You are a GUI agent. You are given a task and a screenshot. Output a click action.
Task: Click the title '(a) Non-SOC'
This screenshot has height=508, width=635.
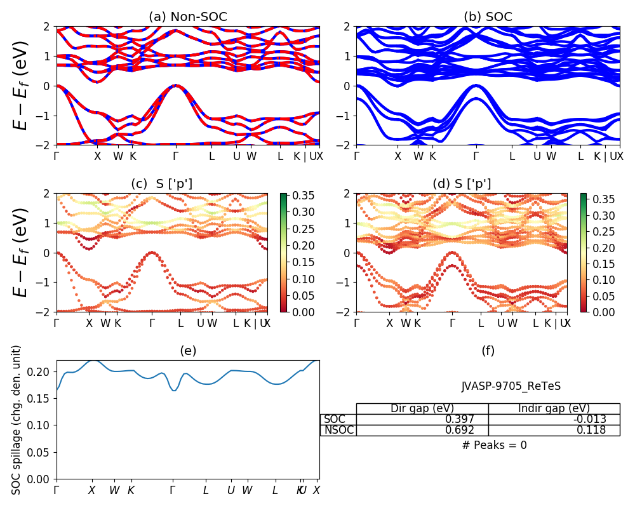tap(187, 17)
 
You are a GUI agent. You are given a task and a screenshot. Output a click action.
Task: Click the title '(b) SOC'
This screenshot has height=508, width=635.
tap(488, 17)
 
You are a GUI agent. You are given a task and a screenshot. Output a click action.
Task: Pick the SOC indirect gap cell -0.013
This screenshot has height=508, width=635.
tap(587, 419)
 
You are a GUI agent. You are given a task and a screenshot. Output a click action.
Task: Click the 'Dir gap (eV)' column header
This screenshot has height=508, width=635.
tap(422, 408)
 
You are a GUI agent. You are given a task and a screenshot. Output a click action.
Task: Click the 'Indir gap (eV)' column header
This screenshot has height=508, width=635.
tap(554, 408)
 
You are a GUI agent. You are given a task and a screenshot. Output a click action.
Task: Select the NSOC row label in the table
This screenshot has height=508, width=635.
tap(338, 430)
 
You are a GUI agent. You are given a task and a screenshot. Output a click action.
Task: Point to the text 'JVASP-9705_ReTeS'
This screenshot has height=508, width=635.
tap(511, 386)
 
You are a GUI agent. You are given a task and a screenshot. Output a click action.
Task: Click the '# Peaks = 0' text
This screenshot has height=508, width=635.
tap(495, 445)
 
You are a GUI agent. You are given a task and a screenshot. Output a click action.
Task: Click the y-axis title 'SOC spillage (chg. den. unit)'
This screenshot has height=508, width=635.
tap(17, 420)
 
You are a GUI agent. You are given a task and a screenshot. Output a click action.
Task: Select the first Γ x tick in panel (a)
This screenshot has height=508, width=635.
tap(57, 156)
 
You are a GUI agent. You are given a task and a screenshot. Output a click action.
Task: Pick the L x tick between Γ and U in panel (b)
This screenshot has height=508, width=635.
tap(512, 156)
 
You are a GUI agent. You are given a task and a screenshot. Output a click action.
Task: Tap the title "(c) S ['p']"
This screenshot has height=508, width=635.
tap(161, 184)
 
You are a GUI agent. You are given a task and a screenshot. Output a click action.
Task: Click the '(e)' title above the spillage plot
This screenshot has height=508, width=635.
tap(187, 351)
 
